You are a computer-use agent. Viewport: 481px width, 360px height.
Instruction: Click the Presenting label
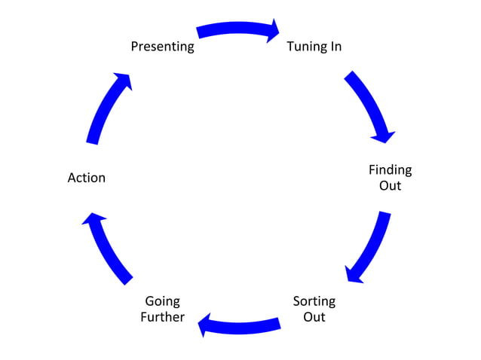(162, 47)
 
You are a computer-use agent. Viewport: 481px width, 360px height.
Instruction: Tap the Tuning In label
(314, 47)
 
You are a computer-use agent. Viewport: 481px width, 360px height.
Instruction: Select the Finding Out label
(390, 177)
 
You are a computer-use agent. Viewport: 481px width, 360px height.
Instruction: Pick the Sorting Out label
(314, 309)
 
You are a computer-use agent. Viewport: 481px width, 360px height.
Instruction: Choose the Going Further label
(162, 309)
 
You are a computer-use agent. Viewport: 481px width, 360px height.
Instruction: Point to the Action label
(87, 178)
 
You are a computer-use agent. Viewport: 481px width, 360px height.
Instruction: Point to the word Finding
(390, 169)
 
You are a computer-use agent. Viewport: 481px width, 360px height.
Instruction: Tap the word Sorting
(314, 301)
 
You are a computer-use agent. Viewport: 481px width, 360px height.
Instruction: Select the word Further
(162, 317)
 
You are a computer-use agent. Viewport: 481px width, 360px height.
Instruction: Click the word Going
(162, 301)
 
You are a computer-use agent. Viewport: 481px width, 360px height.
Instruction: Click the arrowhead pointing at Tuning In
(271, 31)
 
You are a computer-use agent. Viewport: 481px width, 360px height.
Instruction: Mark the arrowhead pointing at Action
(91, 221)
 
